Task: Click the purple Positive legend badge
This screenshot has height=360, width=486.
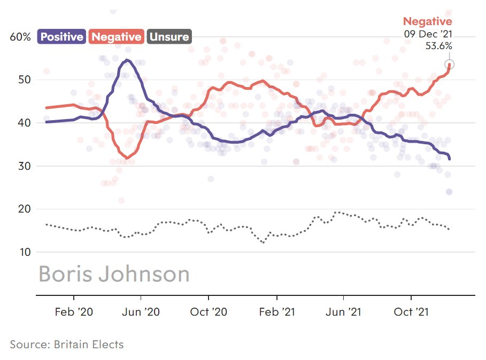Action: (x=61, y=36)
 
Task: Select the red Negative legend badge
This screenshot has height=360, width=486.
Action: (x=116, y=36)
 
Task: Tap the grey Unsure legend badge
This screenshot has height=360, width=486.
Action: (x=169, y=36)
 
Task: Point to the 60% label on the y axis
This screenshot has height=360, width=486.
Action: (x=20, y=37)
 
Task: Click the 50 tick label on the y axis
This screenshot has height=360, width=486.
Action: (x=25, y=80)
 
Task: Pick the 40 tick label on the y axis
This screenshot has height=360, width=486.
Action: (x=25, y=123)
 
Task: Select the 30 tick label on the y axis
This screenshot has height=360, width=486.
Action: (x=25, y=166)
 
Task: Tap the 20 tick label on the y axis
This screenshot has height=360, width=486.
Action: (x=25, y=209)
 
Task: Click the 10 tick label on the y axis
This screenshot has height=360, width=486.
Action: (x=25, y=252)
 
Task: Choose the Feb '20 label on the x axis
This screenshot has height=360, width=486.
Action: (x=74, y=312)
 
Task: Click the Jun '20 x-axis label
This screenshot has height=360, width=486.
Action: (x=141, y=312)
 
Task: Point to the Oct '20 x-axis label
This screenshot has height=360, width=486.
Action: (x=209, y=312)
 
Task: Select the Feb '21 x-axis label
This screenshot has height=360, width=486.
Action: (x=277, y=312)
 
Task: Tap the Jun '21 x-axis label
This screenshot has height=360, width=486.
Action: (x=343, y=312)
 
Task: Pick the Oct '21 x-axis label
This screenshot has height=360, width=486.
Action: (x=411, y=312)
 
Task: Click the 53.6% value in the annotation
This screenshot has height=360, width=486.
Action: (x=438, y=46)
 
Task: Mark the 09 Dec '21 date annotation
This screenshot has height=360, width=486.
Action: (x=428, y=34)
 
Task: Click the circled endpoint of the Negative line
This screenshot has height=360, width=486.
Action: (x=450, y=65)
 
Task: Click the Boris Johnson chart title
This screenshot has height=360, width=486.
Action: (x=114, y=274)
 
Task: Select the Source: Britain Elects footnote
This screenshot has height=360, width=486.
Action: (x=67, y=345)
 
